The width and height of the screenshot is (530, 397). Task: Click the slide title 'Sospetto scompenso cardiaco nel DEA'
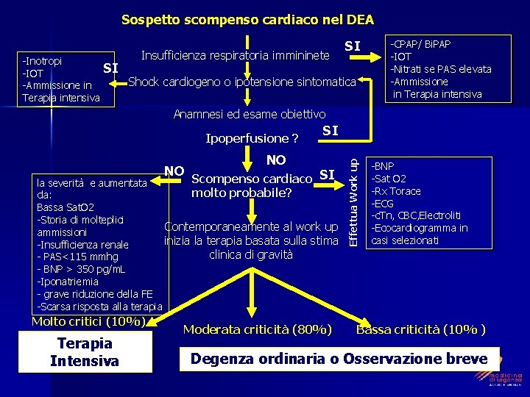click(247, 19)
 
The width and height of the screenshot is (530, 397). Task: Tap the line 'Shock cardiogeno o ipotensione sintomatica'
click(242, 81)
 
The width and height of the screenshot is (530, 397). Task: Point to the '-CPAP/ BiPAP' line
click(422, 44)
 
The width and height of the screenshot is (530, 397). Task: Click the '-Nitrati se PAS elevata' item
click(441, 69)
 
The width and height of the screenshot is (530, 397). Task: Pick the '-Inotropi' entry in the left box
click(42, 60)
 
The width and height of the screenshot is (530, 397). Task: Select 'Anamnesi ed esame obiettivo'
click(249, 114)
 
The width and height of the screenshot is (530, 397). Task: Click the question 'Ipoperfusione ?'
click(252, 138)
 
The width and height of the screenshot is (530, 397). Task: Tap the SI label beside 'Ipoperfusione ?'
click(331, 131)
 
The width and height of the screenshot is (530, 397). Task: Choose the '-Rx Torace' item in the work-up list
click(397, 191)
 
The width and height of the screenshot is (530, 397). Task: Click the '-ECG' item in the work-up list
click(384, 203)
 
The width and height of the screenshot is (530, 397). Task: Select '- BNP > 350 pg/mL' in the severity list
click(81, 269)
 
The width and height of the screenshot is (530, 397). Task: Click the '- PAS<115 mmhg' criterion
click(77, 257)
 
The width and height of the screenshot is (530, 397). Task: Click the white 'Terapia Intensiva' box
click(85, 351)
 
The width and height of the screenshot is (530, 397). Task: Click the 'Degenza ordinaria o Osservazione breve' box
click(339, 359)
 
